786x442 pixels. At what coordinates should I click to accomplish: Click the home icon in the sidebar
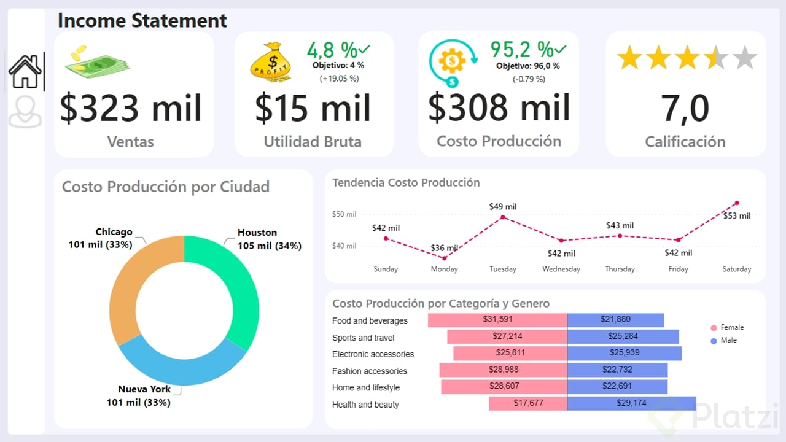(x=25, y=71)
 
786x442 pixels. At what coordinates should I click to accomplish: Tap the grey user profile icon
(x=25, y=111)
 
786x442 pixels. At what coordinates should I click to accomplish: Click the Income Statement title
(x=142, y=20)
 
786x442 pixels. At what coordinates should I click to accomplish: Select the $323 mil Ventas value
(x=131, y=108)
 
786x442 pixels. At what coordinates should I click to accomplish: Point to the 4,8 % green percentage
(x=332, y=49)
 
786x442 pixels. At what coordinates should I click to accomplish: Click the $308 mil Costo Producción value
(x=499, y=107)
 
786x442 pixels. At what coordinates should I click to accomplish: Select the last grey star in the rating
(x=744, y=58)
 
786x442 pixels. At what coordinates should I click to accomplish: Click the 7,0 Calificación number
(x=685, y=109)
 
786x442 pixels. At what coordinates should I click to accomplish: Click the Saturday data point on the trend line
(x=736, y=203)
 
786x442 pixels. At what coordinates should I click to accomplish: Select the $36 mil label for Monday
(x=444, y=248)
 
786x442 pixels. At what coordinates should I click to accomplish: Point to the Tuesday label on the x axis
(x=502, y=269)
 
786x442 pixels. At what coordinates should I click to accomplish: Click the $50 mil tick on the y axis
(x=344, y=214)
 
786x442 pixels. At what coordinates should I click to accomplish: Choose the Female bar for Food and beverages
(x=497, y=320)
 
